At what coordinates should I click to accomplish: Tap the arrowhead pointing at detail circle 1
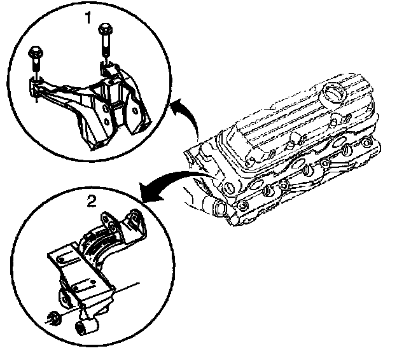point(174,109)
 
